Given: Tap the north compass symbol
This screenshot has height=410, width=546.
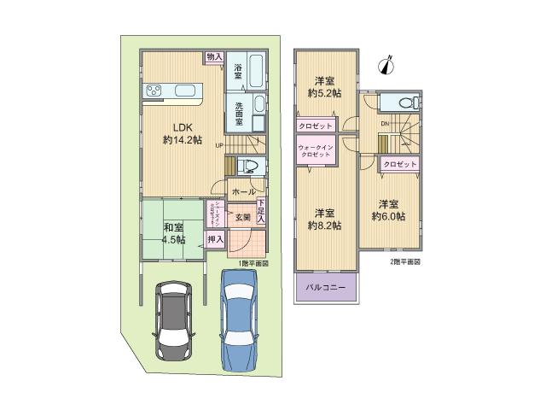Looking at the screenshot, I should coord(389,63).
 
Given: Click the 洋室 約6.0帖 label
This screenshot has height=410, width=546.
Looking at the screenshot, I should coord(387,210).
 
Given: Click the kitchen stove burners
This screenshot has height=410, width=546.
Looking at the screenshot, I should coord(156,89).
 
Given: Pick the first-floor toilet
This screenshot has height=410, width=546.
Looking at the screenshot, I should coord(247,165).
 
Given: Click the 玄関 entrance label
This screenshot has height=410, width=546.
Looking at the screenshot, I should coord(242,217).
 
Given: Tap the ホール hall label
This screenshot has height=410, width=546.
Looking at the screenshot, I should coord(243,193).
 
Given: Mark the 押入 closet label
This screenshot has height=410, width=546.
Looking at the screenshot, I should coord(215,240).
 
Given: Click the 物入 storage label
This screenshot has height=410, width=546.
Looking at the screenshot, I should coord(213,57).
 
